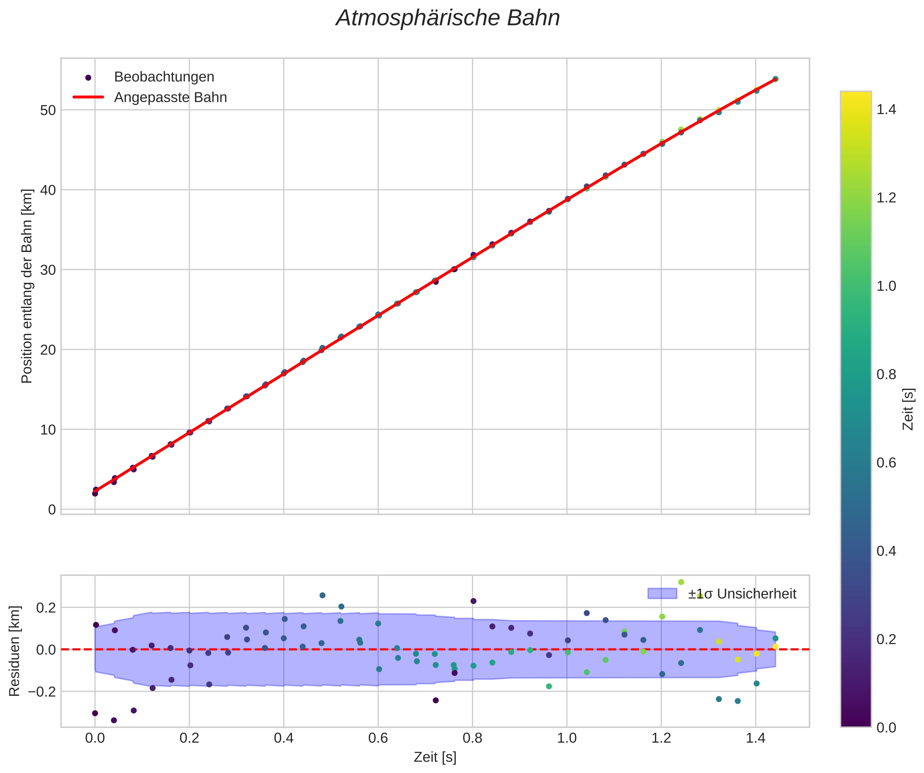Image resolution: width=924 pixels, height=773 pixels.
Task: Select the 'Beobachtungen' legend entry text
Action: pyautogui.click(x=164, y=77)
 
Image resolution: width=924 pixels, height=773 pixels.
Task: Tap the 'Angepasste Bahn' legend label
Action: pyautogui.click(x=170, y=97)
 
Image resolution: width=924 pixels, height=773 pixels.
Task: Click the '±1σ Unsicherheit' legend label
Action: pyautogui.click(x=742, y=594)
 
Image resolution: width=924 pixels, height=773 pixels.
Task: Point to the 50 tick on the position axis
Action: pyautogui.click(x=49, y=110)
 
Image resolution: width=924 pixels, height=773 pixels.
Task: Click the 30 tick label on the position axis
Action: pyautogui.click(x=49, y=270)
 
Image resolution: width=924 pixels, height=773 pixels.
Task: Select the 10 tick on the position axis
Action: pyautogui.click(x=49, y=430)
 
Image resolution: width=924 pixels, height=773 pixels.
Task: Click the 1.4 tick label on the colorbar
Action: pyautogui.click(x=886, y=109)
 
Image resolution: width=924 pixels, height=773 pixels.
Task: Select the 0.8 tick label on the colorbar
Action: pyautogui.click(x=886, y=374)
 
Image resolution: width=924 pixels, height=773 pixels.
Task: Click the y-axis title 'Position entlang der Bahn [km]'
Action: pyautogui.click(x=27, y=286)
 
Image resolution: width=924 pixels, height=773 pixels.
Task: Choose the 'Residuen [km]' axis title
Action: pyautogui.click(x=15, y=651)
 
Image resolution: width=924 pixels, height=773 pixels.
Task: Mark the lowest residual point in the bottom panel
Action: pyautogui.click(x=114, y=720)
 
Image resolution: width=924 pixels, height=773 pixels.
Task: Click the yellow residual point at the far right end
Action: pyautogui.click(x=775, y=647)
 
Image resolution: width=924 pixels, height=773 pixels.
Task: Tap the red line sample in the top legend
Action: pyautogui.click(x=88, y=97)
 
